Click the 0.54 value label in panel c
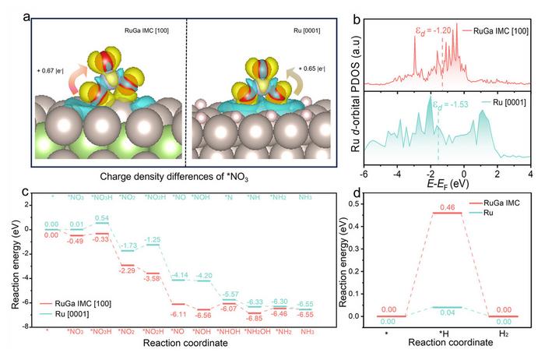coord(100,217)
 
